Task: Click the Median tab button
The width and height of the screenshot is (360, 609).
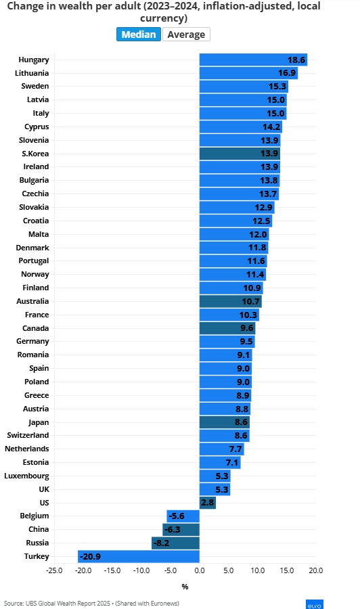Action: (x=139, y=35)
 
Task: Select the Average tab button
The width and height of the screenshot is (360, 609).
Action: (x=186, y=35)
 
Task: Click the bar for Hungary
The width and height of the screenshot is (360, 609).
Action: (x=253, y=60)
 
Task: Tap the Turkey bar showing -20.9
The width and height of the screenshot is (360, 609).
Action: (x=139, y=556)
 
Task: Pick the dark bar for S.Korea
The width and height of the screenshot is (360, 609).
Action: (x=240, y=154)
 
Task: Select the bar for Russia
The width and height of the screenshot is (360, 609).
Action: (x=175, y=543)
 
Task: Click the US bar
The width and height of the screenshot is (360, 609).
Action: (x=208, y=503)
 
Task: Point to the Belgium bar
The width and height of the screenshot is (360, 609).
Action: (x=183, y=516)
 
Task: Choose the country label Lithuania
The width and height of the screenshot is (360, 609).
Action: (x=32, y=73)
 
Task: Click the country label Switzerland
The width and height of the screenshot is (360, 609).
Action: (x=28, y=435)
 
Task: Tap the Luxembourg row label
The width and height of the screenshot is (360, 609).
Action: (x=27, y=476)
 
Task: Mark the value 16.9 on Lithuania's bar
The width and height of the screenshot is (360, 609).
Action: (x=287, y=73)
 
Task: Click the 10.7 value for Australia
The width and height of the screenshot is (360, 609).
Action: (x=250, y=301)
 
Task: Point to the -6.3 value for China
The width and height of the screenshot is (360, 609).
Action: (x=173, y=529)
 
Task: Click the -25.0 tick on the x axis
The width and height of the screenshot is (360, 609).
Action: (x=54, y=570)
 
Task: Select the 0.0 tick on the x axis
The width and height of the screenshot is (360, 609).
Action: (x=199, y=570)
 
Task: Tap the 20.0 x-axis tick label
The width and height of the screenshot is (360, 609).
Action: (x=316, y=570)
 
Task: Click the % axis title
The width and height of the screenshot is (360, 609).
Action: (x=185, y=587)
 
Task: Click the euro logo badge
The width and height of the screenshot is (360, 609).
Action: (x=315, y=604)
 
